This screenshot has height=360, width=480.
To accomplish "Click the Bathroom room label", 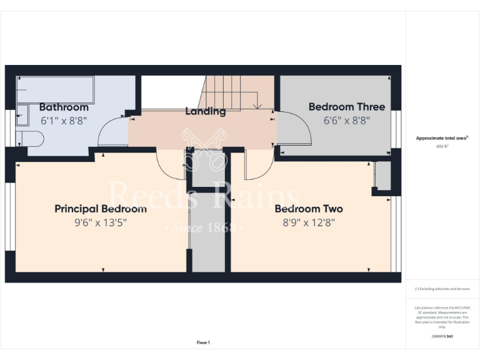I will [x=64, y=107].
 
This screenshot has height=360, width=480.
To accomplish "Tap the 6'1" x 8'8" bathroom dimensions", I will [x=64, y=121].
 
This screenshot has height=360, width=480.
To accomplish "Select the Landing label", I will [x=205, y=111].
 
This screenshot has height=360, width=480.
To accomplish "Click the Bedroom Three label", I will [x=347, y=107].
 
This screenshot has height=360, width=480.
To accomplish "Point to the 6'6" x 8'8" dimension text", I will [x=347, y=121].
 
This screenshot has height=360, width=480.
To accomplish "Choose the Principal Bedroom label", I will [x=101, y=209].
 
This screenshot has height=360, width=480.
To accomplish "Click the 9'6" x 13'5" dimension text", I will [x=101, y=222].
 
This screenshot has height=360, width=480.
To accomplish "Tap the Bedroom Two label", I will [x=309, y=209].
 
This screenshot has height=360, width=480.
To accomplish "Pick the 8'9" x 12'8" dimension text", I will [x=309, y=222].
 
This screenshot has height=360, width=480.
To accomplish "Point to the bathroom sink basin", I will [x=22, y=115].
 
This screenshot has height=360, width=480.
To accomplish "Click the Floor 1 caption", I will [x=203, y=342].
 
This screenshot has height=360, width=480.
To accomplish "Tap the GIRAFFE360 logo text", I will [x=442, y=337].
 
